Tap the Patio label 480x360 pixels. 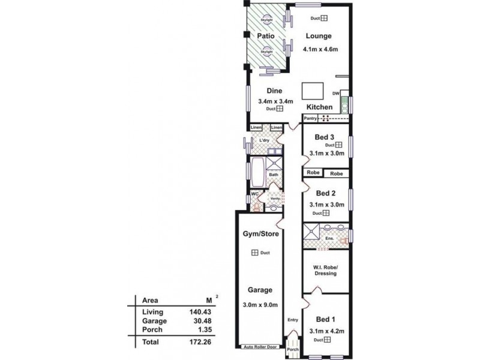266,36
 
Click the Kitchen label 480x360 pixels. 319,106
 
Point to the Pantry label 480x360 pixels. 310,119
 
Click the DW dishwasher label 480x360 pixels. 337,94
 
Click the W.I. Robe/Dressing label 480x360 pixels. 324,270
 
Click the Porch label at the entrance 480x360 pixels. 293,349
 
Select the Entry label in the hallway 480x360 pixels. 293,320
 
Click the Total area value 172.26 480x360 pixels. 203,342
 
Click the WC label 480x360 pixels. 254,194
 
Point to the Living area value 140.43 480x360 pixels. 203,312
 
